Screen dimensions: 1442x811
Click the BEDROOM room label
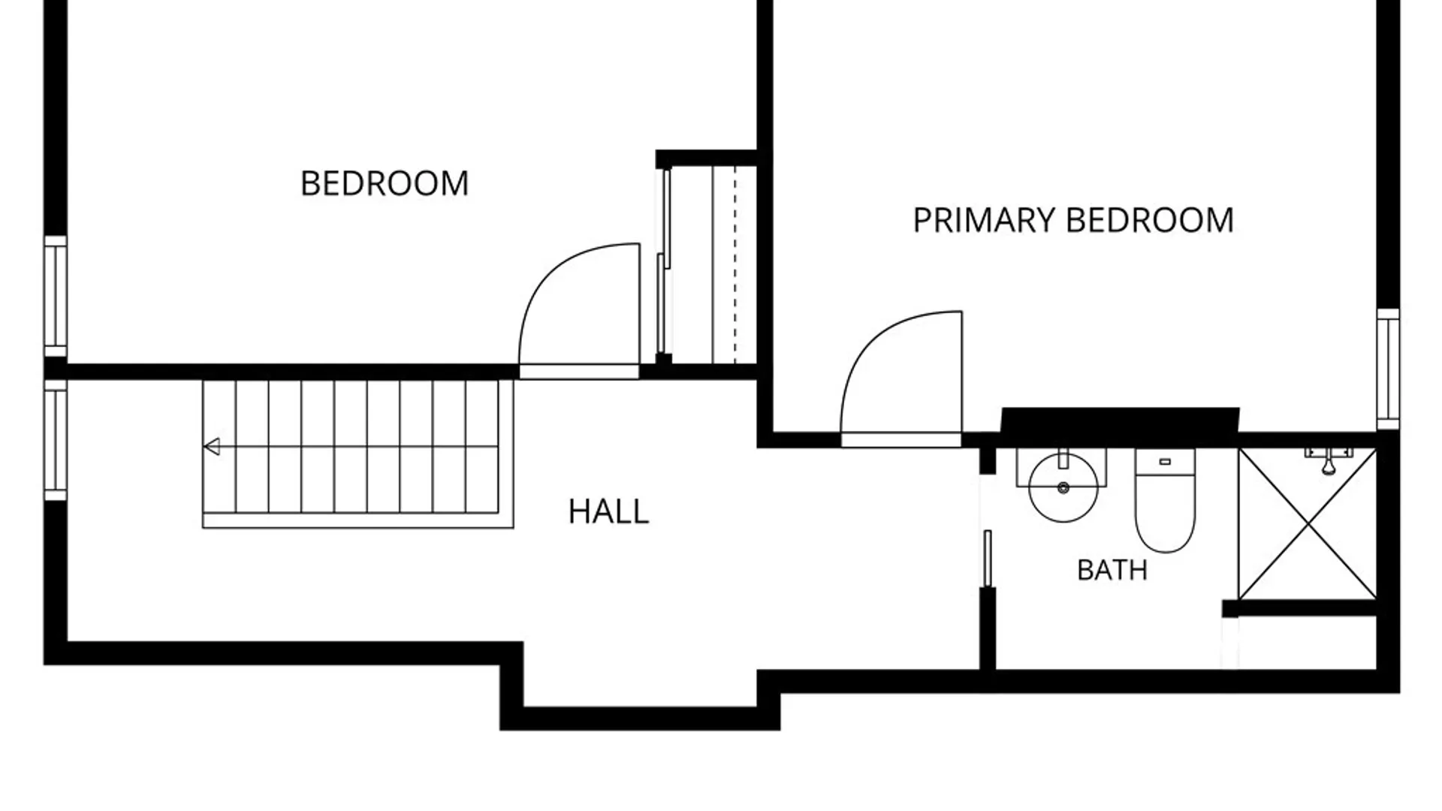tap(385, 183)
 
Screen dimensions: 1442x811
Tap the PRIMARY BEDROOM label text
tap(1073, 220)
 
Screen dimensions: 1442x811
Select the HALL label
tap(608, 511)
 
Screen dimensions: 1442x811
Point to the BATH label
tap(1112, 570)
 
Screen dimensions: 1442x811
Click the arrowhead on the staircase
tap(212, 447)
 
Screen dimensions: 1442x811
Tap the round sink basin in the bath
tap(1063, 488)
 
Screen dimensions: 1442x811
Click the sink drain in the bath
tap(1063, 488)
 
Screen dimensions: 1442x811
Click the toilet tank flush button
tap(1165, 462)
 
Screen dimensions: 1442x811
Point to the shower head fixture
tap(1328, 460)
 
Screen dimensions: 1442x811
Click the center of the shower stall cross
tap(1308, 524)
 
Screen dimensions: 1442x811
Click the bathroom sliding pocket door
tap(988, 559)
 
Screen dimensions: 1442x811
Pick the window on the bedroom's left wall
tap(56, 297)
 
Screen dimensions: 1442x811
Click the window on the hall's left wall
tap(56, 440)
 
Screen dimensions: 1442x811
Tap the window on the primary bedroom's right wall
tap(1389, 369)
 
